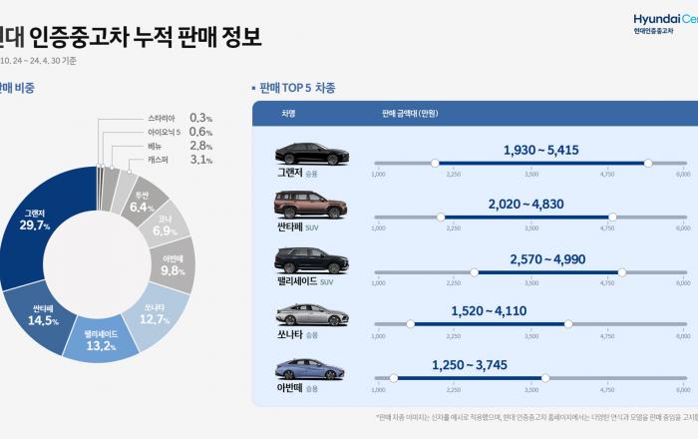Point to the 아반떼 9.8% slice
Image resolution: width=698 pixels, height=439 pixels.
(171, 266)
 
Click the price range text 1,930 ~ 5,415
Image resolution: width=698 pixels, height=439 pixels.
(540, 150)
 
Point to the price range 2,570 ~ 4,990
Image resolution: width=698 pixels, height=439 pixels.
(546, 258)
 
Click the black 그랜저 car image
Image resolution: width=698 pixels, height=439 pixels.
(311, 154)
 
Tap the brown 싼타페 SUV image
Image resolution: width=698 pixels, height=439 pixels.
(311, 208)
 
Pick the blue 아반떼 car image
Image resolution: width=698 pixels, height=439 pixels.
(311, 370)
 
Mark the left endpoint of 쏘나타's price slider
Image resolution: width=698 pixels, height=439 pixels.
(410, 323)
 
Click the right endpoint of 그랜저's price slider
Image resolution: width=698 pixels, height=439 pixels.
(648, 162)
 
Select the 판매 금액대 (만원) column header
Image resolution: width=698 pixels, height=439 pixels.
(410, 113)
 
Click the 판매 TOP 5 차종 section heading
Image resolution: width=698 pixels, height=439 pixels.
(297, 88)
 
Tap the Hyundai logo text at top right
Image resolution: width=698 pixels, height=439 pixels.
(666, 19)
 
